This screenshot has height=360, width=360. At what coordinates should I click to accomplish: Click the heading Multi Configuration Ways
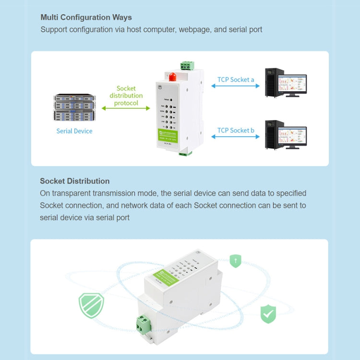pyautogui.click(x=86, y=17)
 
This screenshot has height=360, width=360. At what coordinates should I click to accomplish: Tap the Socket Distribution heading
pyautogui.click(x=74, y=181)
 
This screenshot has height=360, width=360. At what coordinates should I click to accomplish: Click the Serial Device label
pyautogui.click(x=74, y=131)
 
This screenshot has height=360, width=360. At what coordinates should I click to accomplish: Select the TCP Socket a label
pyautogui.click(x=236, y=79)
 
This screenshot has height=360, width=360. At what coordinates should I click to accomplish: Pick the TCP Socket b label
pyautogui.click(x=236, y=130)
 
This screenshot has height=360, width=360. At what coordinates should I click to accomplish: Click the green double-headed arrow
pyautogui.click(x=126, y=108)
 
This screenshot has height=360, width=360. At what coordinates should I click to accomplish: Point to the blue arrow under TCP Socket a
pyautogui.click(x=236, y=86)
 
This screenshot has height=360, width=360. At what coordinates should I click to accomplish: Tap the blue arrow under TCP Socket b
pyautogui.click(x=236, y=137)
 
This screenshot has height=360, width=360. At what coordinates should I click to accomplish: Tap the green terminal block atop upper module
pyautogui.click(x=188, y=66)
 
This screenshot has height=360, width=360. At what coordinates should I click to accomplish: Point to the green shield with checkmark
pyautogui.click(x=268, y=314)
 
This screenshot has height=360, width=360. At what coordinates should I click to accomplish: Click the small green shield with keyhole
pyautogui.click(x=235, y=261)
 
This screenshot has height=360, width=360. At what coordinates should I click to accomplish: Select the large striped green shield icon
pyautogui.click(x=91, y=305)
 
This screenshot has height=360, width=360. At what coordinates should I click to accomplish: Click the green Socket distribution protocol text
pyautogui.click(x=126, y=96)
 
